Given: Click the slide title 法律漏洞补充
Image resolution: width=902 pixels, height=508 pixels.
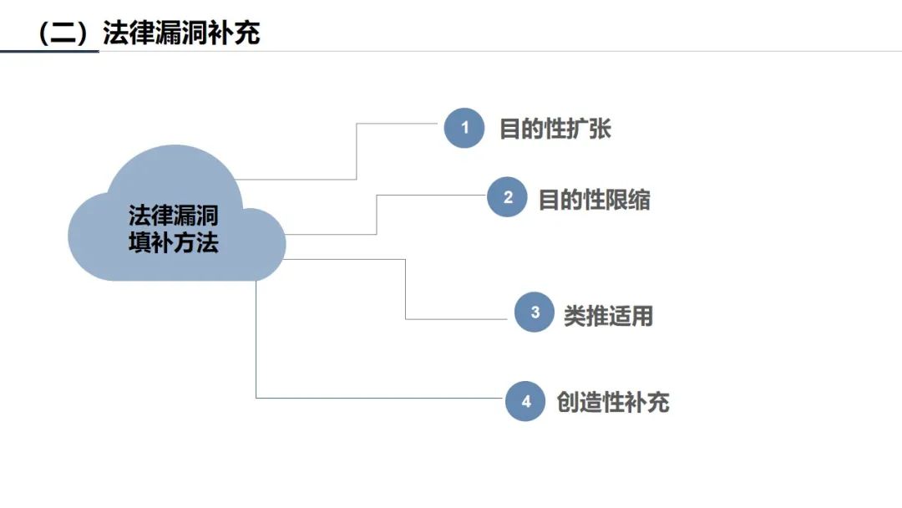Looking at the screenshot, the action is point(181,33).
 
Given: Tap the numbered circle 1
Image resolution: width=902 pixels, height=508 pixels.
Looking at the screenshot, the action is point(464,128).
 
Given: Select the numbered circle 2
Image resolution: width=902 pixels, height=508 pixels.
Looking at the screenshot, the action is point(508,196).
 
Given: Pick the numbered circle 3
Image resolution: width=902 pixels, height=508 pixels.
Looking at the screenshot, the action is point(535,312).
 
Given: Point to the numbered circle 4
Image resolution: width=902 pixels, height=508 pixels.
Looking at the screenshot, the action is point(525,401).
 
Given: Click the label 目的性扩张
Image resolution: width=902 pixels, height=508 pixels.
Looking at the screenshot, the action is point(555,129).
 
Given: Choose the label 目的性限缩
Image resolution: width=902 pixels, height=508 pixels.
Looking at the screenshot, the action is point(595,200).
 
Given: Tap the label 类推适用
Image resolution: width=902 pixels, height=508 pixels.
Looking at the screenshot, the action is point(608,316).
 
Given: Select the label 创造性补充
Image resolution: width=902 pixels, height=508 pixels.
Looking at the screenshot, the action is point(613,402).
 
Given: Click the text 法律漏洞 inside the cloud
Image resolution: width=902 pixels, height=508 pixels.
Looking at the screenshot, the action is point(173,216).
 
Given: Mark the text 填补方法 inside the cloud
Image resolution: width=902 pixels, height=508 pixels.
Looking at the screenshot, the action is point(173,242).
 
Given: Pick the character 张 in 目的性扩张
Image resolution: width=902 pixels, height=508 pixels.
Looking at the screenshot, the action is point(600,129).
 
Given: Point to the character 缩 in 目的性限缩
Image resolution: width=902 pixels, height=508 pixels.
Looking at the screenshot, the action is point(639,200).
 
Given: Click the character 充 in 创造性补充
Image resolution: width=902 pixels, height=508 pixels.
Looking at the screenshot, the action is point(658,402).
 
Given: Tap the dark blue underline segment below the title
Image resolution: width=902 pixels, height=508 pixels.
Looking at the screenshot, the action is point(49,51).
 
